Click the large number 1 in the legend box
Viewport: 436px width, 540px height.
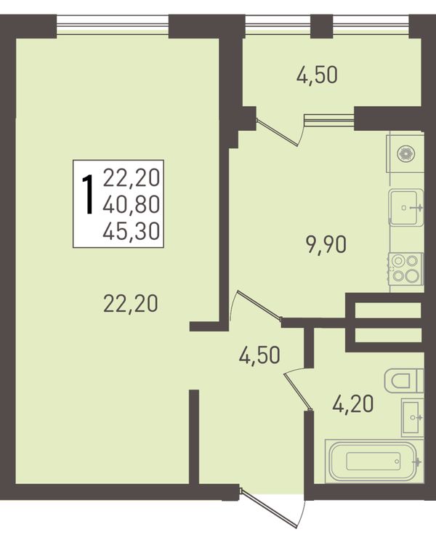[88, 195]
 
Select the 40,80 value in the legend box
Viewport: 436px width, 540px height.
[132, 204]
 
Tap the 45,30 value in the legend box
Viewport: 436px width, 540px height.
[132, 230]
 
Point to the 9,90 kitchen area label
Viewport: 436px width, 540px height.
[326, 246]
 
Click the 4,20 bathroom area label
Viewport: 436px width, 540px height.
[353, 404]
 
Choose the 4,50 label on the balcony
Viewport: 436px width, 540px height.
[317, 76]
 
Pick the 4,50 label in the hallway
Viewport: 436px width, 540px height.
[259, 355]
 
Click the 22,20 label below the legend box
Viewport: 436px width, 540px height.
[131, 304]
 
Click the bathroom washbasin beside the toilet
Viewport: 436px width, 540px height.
[413, 417]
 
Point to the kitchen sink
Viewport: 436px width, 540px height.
[406, 207]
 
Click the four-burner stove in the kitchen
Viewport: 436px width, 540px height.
[405, 269]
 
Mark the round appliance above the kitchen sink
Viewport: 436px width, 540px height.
[405, 153]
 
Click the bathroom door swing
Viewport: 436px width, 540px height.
[297, 390]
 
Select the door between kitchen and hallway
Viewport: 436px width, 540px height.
[256, 305]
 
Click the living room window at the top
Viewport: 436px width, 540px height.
[113, 26]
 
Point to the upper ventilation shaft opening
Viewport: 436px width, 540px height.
[388, 310]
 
